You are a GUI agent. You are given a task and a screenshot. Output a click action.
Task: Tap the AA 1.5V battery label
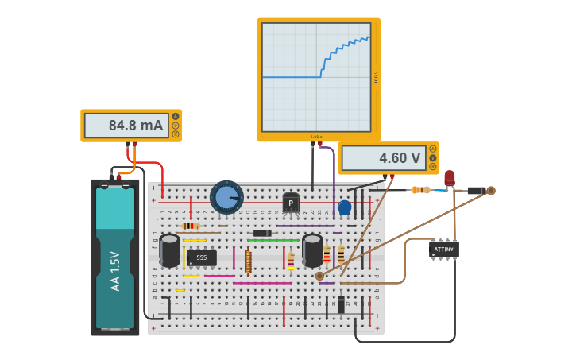click(x=115, y=271)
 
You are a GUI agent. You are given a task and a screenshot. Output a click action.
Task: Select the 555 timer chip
click(x=202, y=257)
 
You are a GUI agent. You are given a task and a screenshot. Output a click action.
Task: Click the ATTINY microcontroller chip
click(x=443, y=250)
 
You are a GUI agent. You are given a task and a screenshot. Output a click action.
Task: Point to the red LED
click(x=450, y=179)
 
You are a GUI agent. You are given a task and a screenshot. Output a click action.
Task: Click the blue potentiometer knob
click(x=226, y=197)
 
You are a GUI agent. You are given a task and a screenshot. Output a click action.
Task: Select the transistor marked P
click(x=291, y=203)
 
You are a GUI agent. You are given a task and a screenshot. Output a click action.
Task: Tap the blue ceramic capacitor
click(x=344, y=208)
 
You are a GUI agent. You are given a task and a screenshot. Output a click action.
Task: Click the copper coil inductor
click(x=248, y=261)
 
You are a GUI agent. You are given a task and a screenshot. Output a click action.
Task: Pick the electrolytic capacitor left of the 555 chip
click(x=169, y=250)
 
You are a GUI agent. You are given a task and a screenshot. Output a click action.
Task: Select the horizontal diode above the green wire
click(x=261, y=233)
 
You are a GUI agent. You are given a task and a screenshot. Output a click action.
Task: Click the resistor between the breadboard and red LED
click(x=420, y=190)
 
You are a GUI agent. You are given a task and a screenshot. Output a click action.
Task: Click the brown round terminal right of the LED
click(x=491, y=190)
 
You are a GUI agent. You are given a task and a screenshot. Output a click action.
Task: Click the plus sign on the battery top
click(x=126, y=185)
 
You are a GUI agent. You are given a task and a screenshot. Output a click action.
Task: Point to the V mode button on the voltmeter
click(x=433, y=158)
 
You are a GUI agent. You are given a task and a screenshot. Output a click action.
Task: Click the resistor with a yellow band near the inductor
click(x=291, y=260)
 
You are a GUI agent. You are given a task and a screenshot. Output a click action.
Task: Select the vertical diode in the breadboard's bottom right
click(x=341, y=304)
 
